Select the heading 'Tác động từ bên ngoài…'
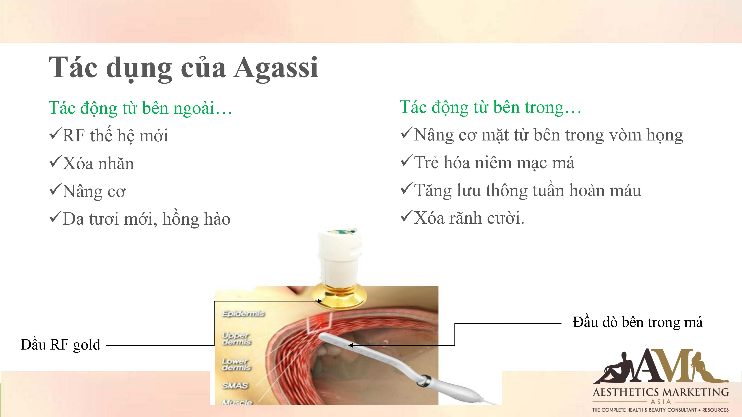[140, 108]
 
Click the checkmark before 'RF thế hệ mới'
[55, 134]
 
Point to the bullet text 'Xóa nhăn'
[98, 163]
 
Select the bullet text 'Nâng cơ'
[94, 192]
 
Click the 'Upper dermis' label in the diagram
[236, 339]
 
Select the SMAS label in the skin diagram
[235, 386]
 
